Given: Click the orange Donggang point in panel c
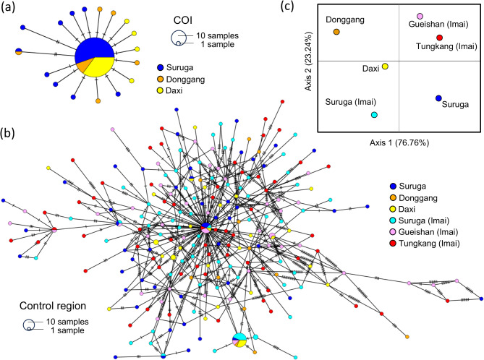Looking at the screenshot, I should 336,32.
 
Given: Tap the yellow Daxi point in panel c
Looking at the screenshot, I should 386,67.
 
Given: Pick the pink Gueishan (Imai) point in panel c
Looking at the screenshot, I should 420,17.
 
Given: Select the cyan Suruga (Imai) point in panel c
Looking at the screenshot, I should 374,115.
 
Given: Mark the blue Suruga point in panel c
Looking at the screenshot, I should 438,98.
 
